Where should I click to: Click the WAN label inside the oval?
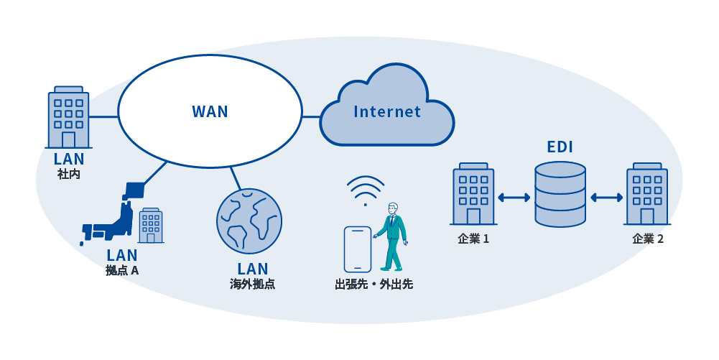[210, 111]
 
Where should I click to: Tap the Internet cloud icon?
[386, 108]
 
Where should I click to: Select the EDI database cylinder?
[560, 195]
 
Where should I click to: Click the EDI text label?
[560, 148]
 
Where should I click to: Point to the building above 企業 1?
[473, 195]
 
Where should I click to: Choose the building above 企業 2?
[646, 195]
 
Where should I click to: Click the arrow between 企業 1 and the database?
[514, 198]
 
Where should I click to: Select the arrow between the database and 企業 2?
[607, 198]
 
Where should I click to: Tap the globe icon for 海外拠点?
[249, 221]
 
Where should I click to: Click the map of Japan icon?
[111, 216]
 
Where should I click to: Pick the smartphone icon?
[357, 249]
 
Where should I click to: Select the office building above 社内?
[68, 119]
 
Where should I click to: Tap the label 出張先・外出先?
[374, 284]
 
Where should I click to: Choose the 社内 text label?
[68, 174]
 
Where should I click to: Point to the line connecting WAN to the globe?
[234, 177]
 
